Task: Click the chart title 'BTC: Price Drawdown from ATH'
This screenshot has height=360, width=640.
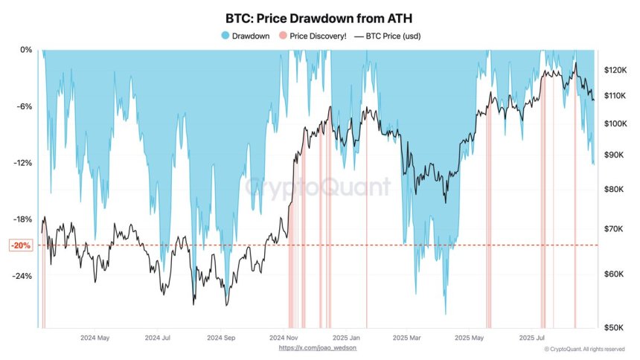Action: (x=319, y=16)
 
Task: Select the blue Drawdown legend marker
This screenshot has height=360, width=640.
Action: (x=225, y=35)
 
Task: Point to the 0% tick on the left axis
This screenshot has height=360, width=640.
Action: (x=25, y=50)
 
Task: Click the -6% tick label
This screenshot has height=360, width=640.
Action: (x=24, y=106)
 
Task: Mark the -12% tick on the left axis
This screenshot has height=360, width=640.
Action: (x=22, y=163)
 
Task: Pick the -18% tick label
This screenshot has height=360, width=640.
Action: (x=22, y=219)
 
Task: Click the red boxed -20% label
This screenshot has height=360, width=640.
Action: (x=21, y=245)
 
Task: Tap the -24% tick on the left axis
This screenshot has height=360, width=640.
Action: (x=22, y=276)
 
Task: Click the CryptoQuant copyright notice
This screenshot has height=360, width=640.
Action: (x=584, y=348)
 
